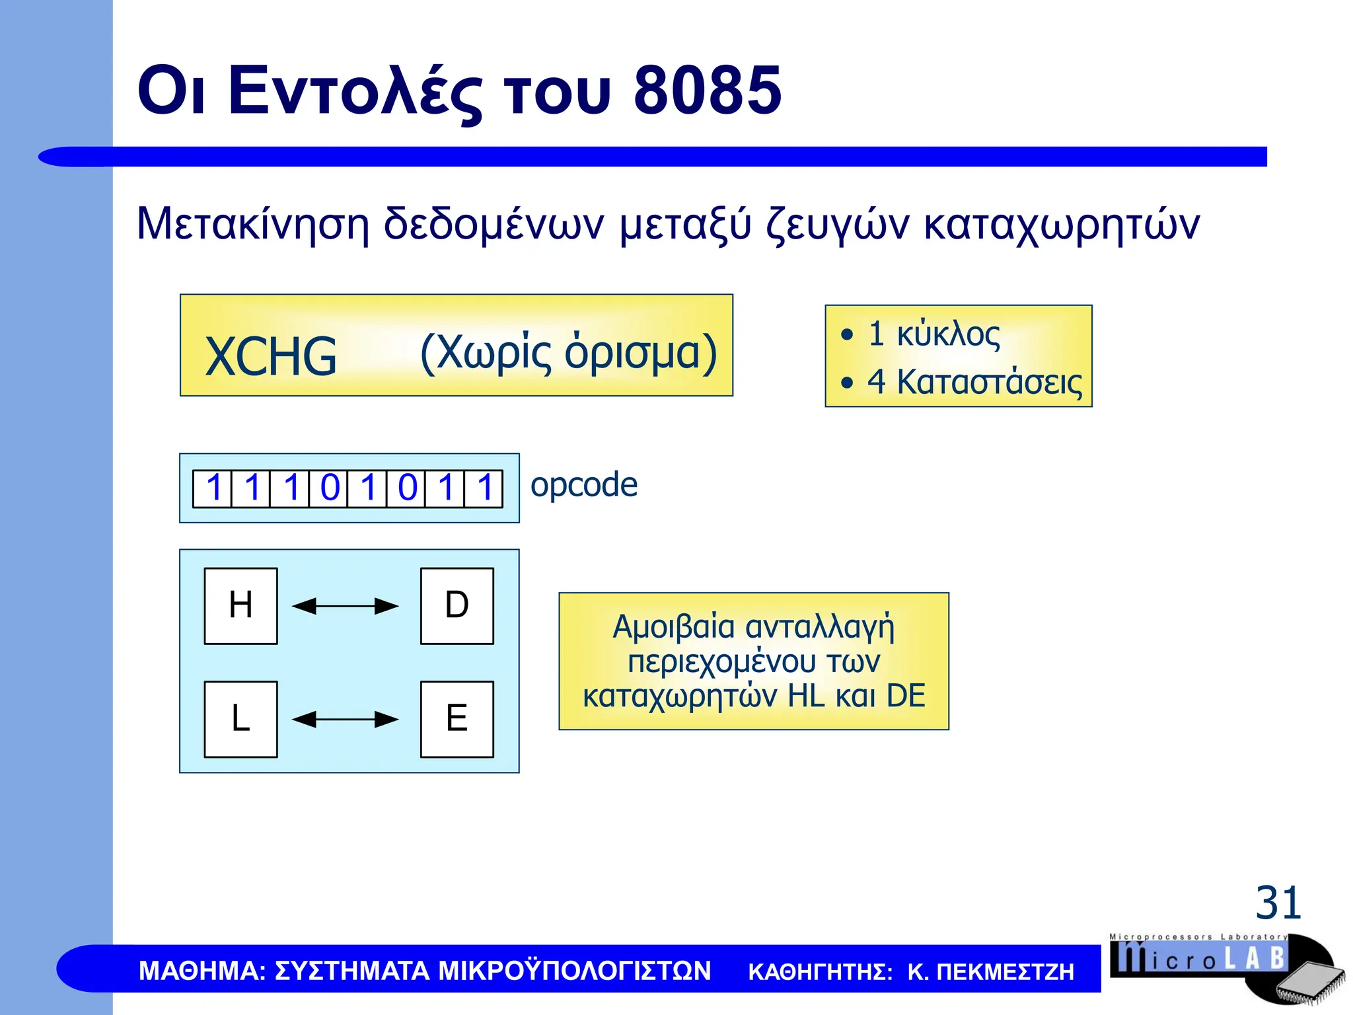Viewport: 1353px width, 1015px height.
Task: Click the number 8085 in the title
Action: pyautogui.click(x=707, y=91)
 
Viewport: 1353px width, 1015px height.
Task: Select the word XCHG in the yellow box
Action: pyautogui.click(x=271, y=356)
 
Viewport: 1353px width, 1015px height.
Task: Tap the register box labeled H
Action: pyautogui.click(x=240, y=605)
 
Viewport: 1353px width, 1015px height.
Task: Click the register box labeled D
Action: pyautogui.click(x=457, y=605)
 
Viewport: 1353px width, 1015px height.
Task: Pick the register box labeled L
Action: pyautogui.click(x=240, y=719)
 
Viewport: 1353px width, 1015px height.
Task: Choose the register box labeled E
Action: pyautogui.click(x=457, y=719)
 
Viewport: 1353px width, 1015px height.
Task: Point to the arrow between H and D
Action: pyautogui.click(x=345, y=606)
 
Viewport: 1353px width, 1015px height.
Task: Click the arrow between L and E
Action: pyautogui.click(x=345, y=719)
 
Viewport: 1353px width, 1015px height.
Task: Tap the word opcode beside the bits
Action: pyautogui.click(x=584, y=485)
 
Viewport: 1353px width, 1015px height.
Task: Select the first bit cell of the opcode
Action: pyautogui.click(x=213, y=488)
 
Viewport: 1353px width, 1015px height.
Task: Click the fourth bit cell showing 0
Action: pyautogui.click(x=328, y=488)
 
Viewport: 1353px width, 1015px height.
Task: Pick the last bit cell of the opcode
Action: pyautogui.click(x=484, y=488)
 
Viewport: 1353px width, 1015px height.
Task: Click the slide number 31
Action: pyautogui.click(x=1278, y=903)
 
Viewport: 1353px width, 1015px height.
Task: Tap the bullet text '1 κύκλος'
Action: pyautogui.click(x=933, y=334)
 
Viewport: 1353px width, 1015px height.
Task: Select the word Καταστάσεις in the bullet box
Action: pyautogui.click(x=989, y=382)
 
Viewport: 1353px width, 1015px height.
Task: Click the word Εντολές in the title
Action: pyautogui.click(x=355, y=91)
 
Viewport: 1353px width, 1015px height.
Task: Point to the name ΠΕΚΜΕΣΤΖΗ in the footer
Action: pyautogui.click(x=1005, y=971)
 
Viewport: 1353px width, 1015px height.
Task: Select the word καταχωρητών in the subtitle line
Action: pyautogui.click(x=1061, y=225)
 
